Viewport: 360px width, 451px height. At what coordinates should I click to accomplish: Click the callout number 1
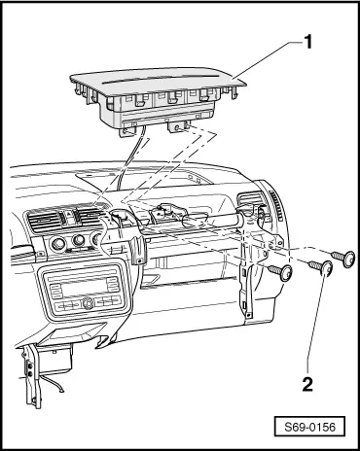(307, 42)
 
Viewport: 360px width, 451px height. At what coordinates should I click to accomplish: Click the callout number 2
(307, 384)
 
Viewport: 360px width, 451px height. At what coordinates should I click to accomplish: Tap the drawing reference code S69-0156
(309, 427)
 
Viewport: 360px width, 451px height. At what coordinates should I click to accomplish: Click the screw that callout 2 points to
(321, 268)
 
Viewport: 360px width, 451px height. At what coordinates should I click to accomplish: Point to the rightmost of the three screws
(343, 258)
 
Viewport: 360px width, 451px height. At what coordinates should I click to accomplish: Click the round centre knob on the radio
(87, 303)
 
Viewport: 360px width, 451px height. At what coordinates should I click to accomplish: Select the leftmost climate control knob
(58, 243)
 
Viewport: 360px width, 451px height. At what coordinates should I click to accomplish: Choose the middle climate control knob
(79, 240)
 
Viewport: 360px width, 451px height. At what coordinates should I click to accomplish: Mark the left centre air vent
(46, 221)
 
